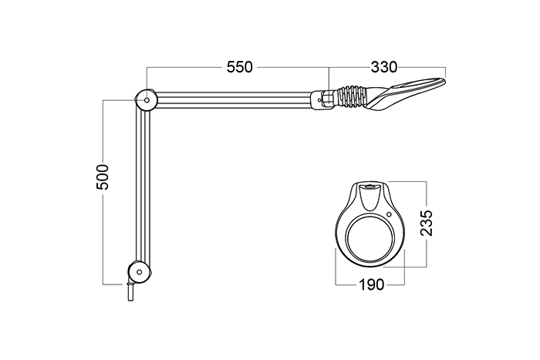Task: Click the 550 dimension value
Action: [x=240, y=68]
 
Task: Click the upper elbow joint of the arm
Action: [x=146, y=99]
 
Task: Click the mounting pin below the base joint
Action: [x=130, y=294]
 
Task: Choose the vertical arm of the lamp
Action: [x=140, y=185]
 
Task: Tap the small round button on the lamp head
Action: [x=390, y=214]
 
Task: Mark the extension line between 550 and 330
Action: [x=329, y=77]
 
